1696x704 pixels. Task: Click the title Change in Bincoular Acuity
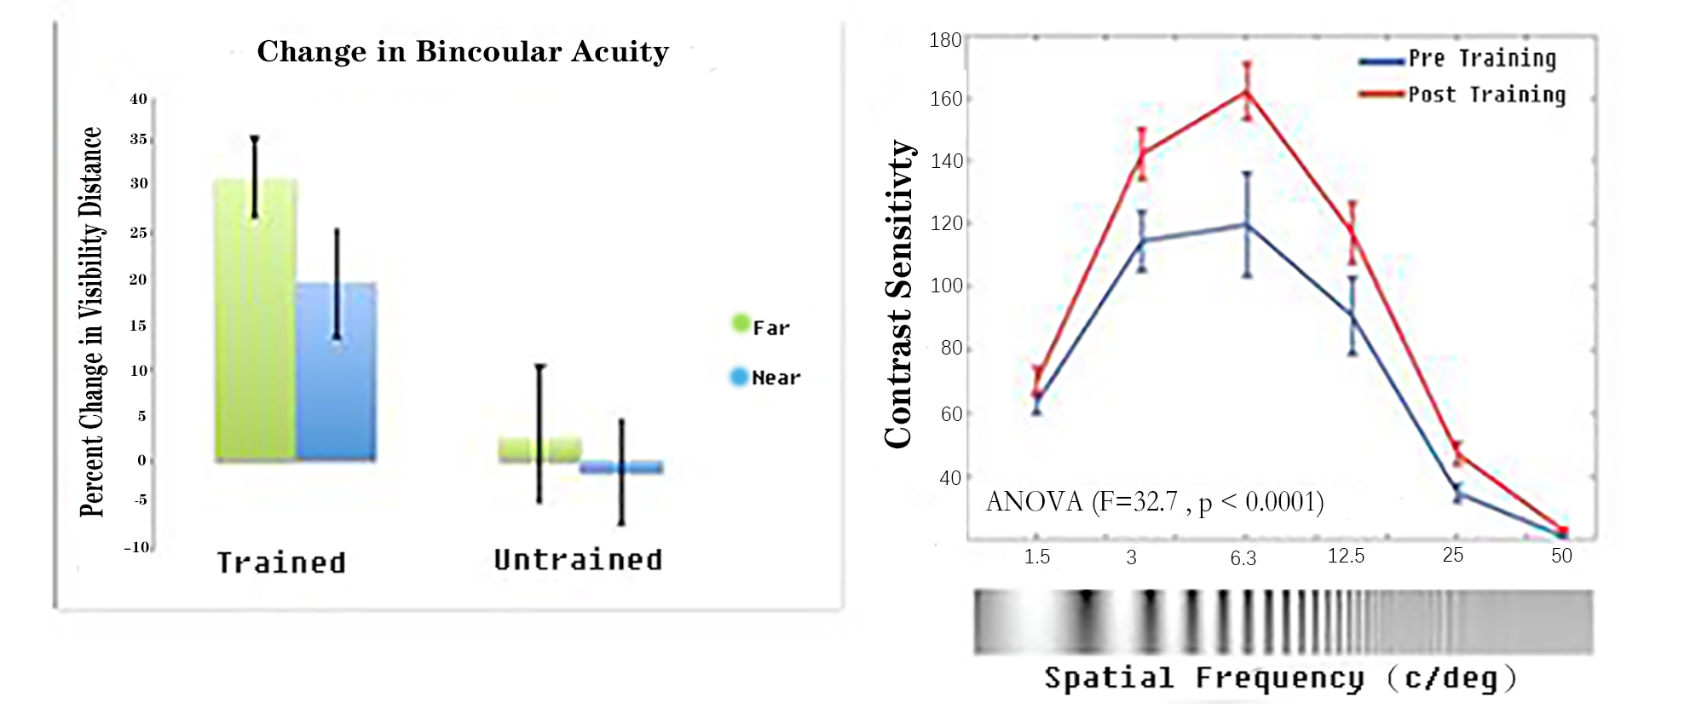click(x=463, y=52)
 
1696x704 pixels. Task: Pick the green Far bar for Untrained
click(x=539, y=449)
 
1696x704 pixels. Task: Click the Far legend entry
click(x=761, y=327)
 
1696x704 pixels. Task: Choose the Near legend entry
click(x=765, y=378)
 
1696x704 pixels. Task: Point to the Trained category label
click(x=281, y=563)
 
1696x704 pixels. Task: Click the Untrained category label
click(x=578, y=560)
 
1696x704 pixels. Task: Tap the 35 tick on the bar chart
click(x=139, y=139)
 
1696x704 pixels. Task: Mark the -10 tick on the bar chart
click(x=136, y=547)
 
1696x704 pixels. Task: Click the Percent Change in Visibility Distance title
click(x=91, y=322)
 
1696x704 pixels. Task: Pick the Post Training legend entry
click(x=1462, y=95)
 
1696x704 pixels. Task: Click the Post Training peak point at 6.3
click(x=1247, y=91)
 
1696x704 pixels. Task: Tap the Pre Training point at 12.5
click(x=1352, y=315)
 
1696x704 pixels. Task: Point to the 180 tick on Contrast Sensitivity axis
click(x=945, y=40)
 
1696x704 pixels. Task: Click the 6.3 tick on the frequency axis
click(x=1243, y=558)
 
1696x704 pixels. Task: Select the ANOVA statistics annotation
click(x=1155, y=502)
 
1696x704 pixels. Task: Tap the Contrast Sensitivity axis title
click(x=899, y=294)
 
